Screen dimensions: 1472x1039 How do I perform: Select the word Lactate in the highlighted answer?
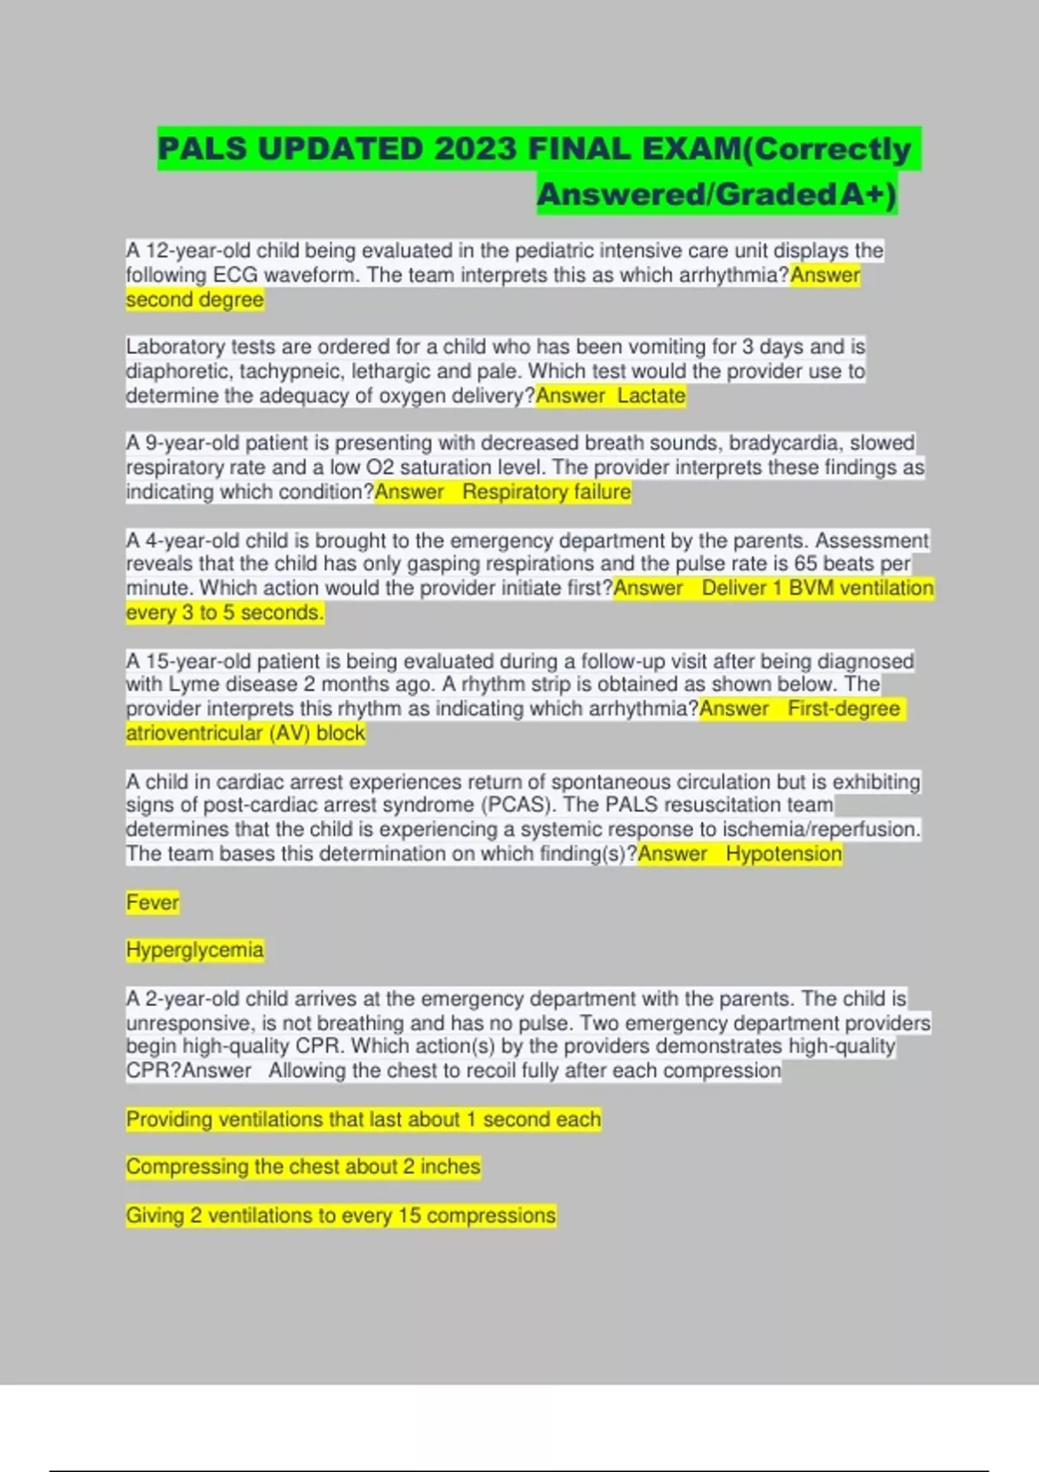coord(651,396)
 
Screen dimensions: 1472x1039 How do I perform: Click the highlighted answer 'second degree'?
coord(195,300)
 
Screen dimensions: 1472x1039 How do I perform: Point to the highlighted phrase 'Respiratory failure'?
coord(546,492)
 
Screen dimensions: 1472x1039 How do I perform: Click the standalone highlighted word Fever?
coord(152,902)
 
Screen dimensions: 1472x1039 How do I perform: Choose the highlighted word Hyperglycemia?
coord(195,950)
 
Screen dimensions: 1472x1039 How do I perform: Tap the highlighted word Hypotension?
coord(784,854)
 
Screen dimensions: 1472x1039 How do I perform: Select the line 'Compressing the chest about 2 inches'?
coord(303,1167)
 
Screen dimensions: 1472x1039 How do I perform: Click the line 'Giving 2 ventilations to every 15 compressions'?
coord(341,1216)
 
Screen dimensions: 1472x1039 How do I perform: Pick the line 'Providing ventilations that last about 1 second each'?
coord(364,1120)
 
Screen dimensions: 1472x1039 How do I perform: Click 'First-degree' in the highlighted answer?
coord(844,708)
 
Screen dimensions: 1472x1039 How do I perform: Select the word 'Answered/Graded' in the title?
coord(687,194)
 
